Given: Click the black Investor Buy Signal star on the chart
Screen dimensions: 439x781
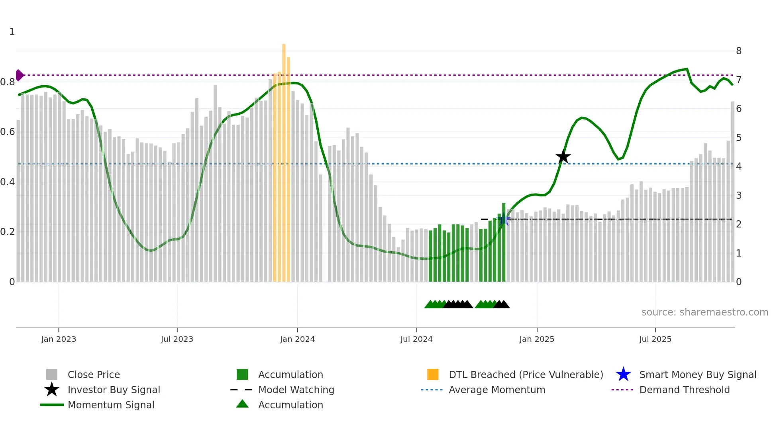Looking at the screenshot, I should click(563, 157).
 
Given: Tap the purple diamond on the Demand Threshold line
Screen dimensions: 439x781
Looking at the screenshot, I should click(19, 75).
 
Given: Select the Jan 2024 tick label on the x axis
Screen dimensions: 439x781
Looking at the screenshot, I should click(297, 339).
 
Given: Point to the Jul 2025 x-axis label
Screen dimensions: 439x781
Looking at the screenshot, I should click(655, 339).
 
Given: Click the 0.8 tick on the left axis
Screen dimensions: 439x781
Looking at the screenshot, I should click(8, 82).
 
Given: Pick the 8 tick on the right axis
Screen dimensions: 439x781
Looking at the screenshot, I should click(739, 51).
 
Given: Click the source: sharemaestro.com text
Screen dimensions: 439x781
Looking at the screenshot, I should click(704, 312).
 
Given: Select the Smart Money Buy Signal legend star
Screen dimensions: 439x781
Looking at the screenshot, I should click(623, 374).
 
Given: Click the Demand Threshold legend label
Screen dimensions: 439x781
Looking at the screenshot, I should click(684, 390).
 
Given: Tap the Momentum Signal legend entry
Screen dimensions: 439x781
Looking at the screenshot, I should click(111, 405).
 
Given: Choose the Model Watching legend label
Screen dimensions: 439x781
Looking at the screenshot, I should click(296, 390).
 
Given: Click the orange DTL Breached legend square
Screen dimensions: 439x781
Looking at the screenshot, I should click(433, 374).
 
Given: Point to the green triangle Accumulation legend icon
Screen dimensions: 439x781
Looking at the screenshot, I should click(242, 404).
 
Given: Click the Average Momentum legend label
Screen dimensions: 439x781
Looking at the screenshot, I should click(497, 390).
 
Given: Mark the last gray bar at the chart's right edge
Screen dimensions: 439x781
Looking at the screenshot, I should click(732, 191).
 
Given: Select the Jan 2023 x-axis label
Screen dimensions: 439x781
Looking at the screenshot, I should click(59, 339).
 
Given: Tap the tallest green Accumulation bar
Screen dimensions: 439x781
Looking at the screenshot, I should click(504, 243).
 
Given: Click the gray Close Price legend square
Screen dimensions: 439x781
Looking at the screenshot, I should click(52, 374).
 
